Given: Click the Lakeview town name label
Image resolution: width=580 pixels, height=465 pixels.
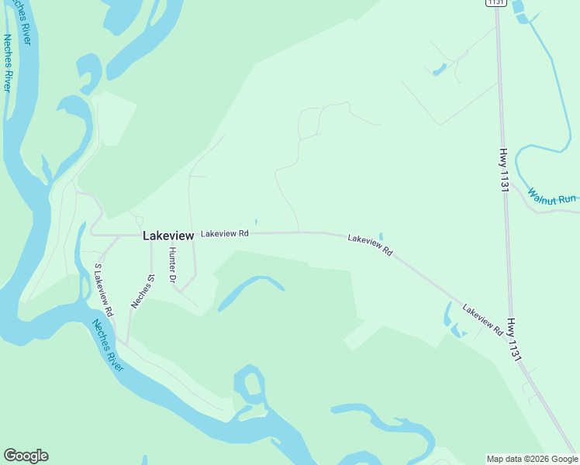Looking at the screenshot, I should click(x=167, y=236).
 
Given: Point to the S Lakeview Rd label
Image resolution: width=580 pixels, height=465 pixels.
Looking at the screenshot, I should click(x=103, y=290).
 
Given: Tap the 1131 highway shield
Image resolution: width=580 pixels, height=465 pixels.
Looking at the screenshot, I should click(x=495, y=3).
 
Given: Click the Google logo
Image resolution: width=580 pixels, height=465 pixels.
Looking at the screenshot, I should click(x=26, y=456).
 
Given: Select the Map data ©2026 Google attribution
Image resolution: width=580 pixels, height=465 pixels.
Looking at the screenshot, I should click(x=533, y=459).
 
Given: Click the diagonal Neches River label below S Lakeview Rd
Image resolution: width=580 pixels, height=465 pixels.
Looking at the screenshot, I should click(x=107, y=345).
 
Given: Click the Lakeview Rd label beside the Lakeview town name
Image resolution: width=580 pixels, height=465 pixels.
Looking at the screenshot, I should click(x=224, y=233).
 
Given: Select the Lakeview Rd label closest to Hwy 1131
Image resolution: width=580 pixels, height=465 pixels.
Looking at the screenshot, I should click(x=482, y=320).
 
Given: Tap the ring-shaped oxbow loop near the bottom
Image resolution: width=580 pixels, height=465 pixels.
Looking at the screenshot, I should click(x=250, y=388).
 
